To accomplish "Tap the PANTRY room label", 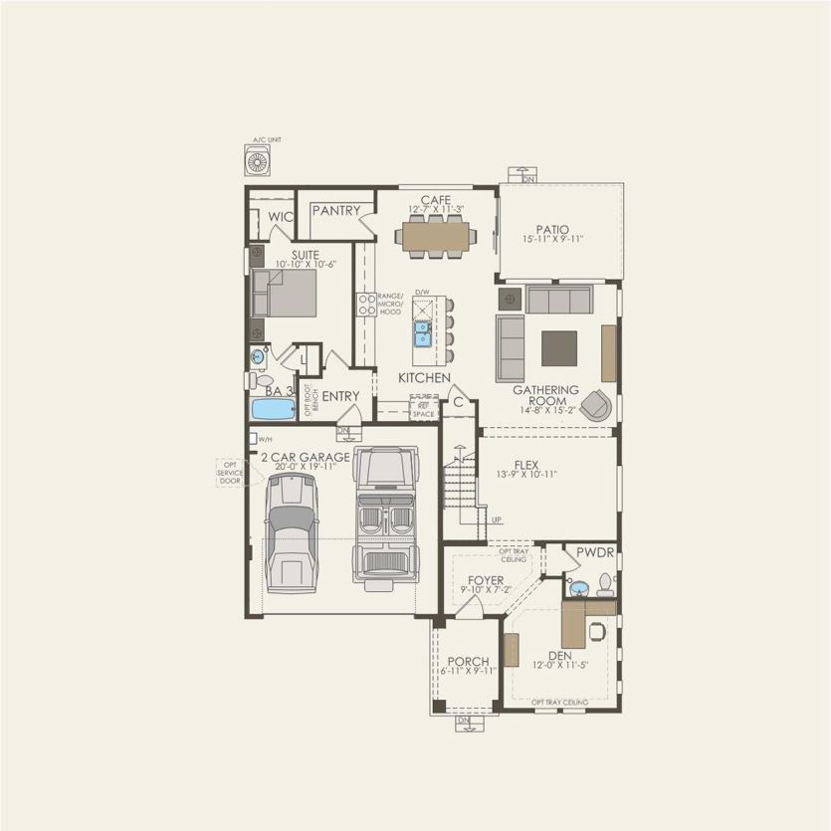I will pyautogui.click(x=335, y=211).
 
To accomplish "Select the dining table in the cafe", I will pyautogui.click(x=435, y=236).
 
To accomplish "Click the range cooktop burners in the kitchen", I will pyautogui.click(x=365, y=305).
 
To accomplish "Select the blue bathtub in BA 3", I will pyautogui.click(x=272, y=409).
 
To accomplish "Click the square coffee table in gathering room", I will pyautogui.click(x=558, y=348).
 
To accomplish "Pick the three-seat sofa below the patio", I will pyautogui.click(x=558, y=300).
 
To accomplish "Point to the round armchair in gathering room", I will pyautogui.click(x=597, y=403).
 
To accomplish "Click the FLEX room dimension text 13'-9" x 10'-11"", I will pyautogui.click(x=526, y=475).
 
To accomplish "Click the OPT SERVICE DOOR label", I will pyautogui.click(x=230, y=473).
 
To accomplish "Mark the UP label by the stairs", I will pyautogui.click(x=497, y=519).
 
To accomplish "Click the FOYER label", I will pyautogui.click(x=486, y=579).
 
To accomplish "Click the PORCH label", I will pyautogui.click(x=467, y=661).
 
